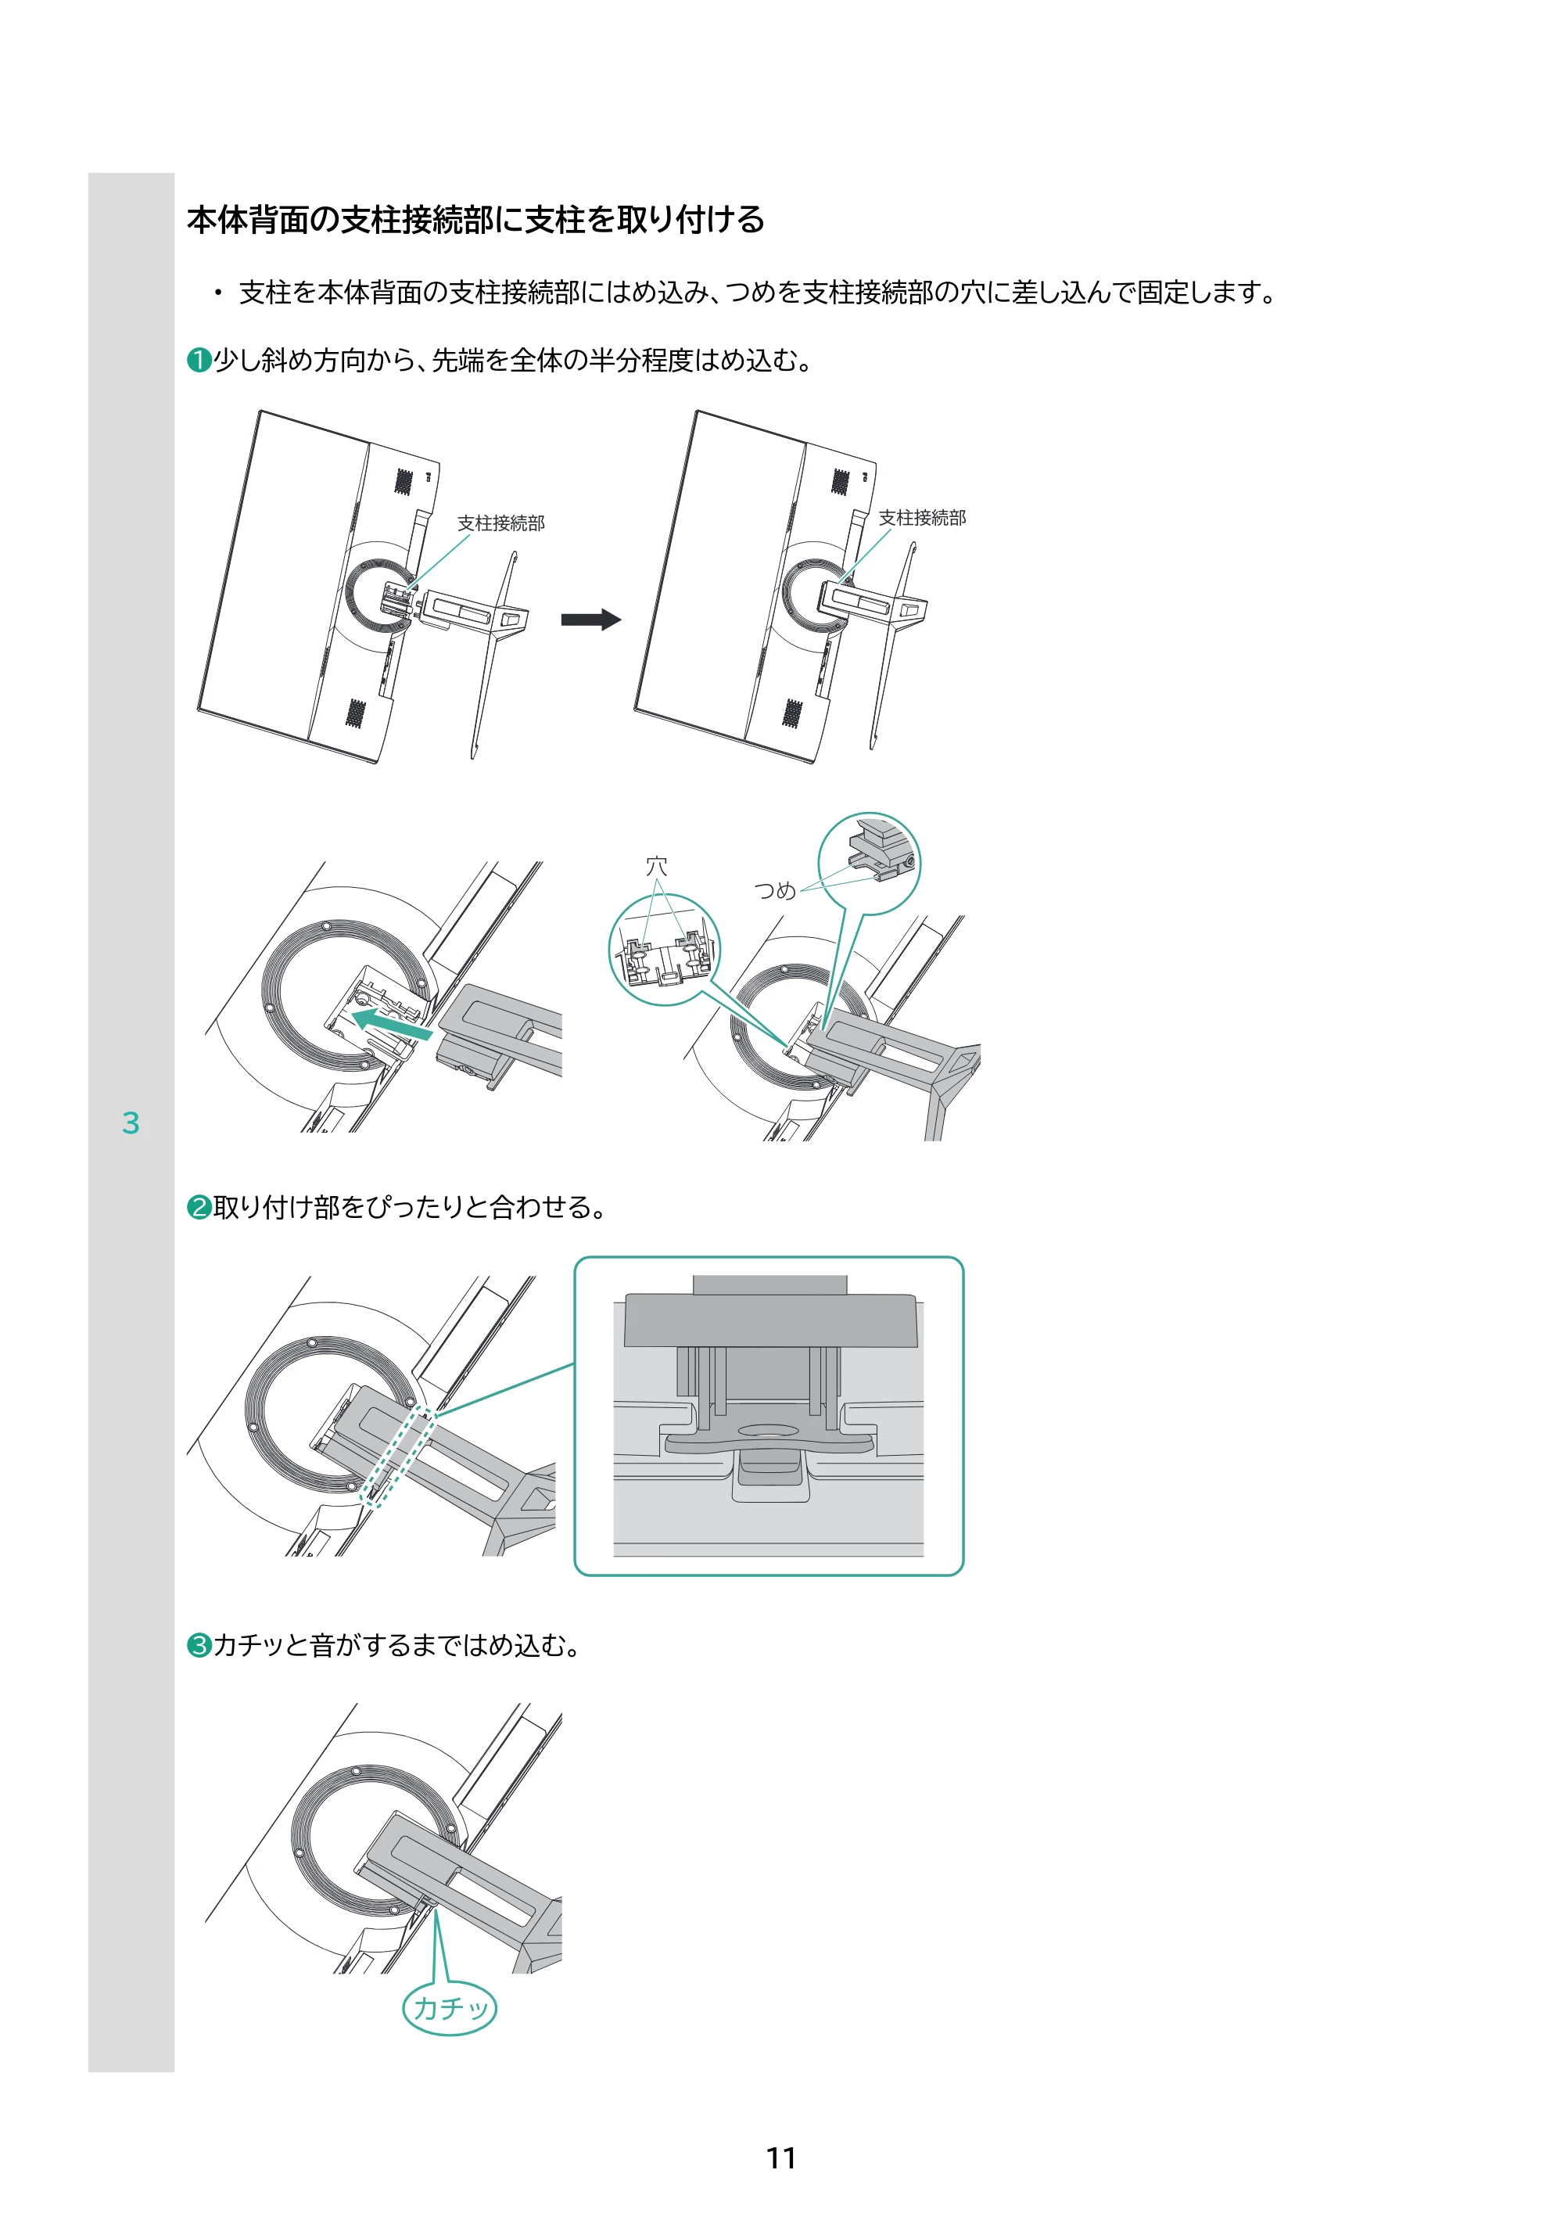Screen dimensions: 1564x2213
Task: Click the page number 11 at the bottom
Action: pyautogui.click(x=780, y=2157)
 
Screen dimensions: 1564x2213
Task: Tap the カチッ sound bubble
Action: pyautogui.click(x=449, y=2008)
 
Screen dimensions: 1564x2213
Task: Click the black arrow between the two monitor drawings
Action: pyautogui.click(x=590, y=620)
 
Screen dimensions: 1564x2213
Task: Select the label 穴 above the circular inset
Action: pyautogui.click(x=656, y=867)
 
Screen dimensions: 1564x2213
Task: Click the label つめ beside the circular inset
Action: pyautogui.click(x=775, y=890)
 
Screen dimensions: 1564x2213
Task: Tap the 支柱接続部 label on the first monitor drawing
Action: pyautogui.click(x=501, y=523)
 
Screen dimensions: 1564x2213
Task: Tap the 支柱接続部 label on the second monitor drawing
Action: pyautogui.click(x=922, y=519)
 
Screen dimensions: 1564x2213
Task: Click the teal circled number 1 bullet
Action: pyautogui.click(x=199, y=361)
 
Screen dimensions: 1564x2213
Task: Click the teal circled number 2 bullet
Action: pyautogui.click(x=199, y=1207)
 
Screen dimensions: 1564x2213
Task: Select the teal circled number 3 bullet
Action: pyautogui.click(x=199, y=1644)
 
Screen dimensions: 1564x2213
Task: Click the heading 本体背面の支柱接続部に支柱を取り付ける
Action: pyautogui.click(x=476, y=220)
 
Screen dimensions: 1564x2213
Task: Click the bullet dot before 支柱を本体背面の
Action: pyautogui.click(x=219, y=292)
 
